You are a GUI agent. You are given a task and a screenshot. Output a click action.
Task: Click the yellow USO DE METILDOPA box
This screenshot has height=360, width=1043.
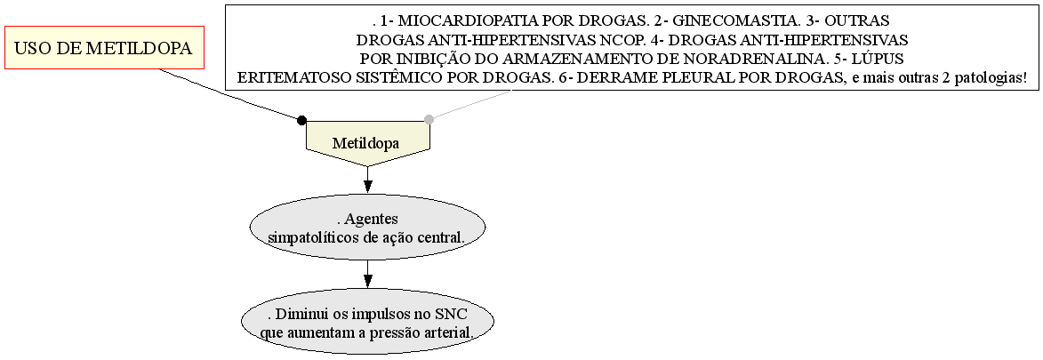(104, 48)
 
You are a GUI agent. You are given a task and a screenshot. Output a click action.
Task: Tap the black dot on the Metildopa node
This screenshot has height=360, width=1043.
(301, 120)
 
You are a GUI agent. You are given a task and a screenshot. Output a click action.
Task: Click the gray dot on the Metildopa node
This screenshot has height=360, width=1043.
(429, 120)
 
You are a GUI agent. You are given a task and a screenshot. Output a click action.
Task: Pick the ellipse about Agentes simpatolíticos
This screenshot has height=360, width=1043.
(368, 228)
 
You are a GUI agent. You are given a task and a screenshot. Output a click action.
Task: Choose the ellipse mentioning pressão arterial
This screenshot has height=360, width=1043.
(367, 323)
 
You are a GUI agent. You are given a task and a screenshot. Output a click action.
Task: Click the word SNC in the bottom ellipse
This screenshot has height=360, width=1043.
(453, 314)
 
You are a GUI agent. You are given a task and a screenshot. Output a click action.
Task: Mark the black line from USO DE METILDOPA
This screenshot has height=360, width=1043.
(229, 94)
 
